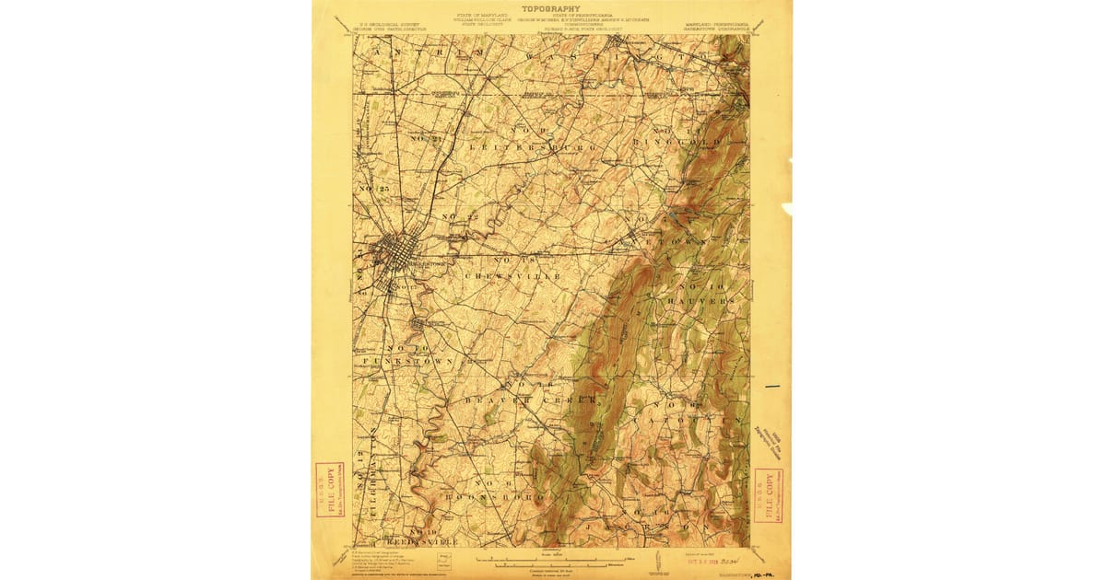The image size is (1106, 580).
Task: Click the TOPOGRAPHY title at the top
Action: tap(552, 9)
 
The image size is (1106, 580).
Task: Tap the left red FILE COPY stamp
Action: tap(329, 491)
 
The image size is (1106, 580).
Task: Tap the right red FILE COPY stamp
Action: tap(769, 495)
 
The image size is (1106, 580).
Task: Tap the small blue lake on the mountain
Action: tap(677, 215)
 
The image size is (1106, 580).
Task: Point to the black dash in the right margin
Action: tap(772, 386)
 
